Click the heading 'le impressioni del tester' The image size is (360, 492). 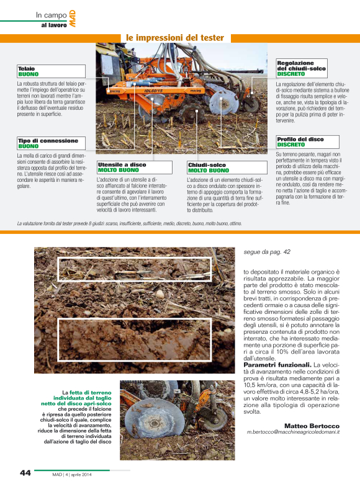click(x=174, y=38)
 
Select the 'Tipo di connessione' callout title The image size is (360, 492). click(x=48, y=141)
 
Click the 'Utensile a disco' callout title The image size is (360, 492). click(x=122, y=164)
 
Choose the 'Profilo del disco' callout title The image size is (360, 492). click(x=300, y=140)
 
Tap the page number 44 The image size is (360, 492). click(x=25, y=473)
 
